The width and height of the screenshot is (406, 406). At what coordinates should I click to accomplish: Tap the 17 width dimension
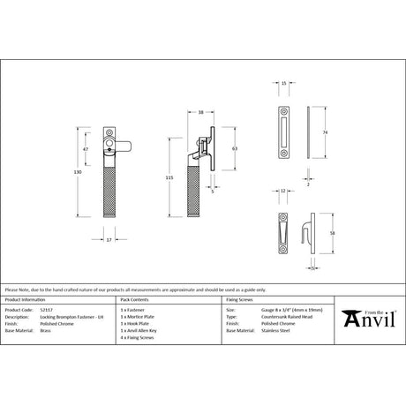coord(109,238)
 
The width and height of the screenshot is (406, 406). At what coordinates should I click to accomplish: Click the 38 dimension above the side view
coord(202,113)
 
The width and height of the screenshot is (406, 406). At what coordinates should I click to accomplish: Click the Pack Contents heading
coord(129,300)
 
